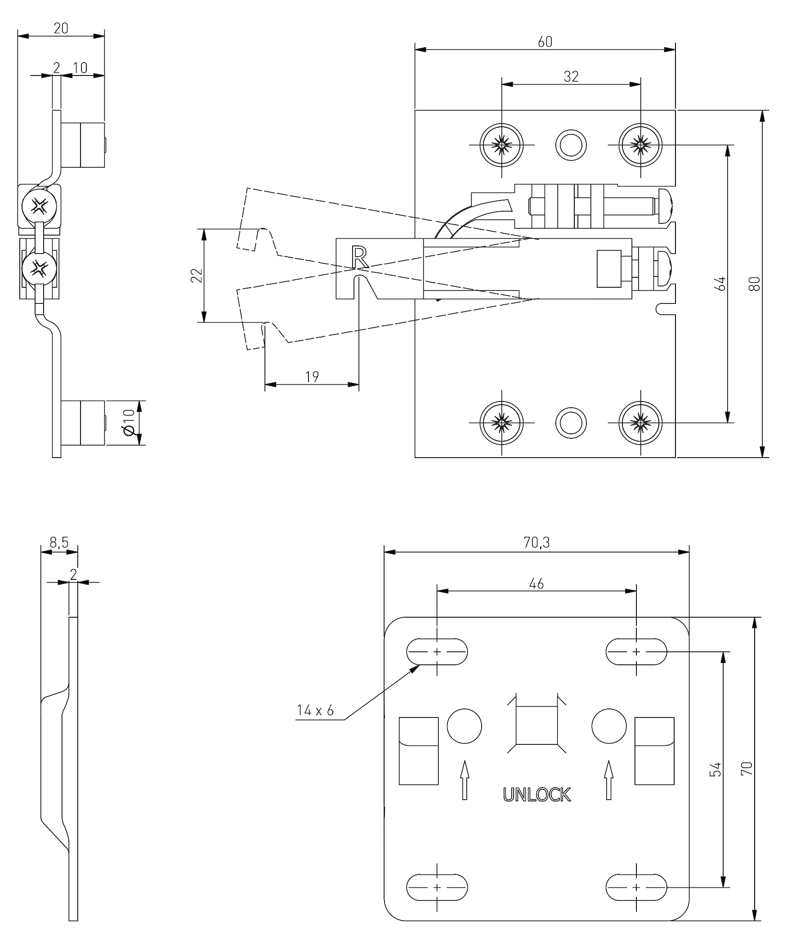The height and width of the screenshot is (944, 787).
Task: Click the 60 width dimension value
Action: [x=545, y=42]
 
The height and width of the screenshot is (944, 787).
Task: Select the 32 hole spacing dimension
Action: [x=571, y=77]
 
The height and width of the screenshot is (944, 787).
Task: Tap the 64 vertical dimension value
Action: [x=720, y=284]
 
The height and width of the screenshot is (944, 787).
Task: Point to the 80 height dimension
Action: [x=755, y=284]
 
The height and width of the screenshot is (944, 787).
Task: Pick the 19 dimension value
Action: [x=312, y=377]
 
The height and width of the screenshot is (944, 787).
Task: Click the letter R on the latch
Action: [x=360, y=258]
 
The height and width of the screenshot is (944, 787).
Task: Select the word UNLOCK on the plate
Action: [x=537, y=795]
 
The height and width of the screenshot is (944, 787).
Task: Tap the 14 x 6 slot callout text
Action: [x=315, y=711]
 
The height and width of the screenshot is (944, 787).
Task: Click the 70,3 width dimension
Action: [x=537, y=543]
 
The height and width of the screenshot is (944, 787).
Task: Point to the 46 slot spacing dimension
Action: [x=537, y=583]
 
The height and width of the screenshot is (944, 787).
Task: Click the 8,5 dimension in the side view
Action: [x=59, y=543]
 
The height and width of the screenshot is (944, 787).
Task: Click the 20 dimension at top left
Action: [x=61, y=28]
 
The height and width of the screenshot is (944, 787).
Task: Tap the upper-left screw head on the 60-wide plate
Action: [x=501, y=145]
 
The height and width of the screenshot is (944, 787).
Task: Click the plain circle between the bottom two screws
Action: [x=571, y=423]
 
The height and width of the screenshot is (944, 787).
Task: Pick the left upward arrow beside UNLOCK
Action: [x=465, y=780]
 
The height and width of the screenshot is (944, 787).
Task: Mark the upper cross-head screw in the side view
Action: [x=40, y=207]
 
